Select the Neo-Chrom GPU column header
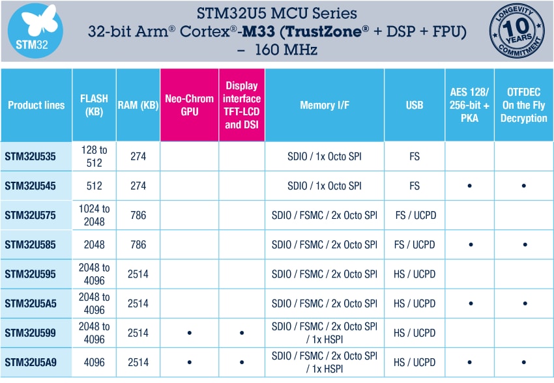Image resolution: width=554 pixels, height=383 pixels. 189,105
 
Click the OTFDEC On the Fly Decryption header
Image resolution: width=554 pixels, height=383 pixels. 524,105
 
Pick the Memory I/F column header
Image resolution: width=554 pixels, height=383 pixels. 324,105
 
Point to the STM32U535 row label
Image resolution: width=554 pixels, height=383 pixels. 30,156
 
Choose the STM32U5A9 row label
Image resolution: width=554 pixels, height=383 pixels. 30,362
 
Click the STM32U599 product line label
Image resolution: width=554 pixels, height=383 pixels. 30,333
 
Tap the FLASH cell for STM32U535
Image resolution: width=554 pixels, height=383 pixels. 94,156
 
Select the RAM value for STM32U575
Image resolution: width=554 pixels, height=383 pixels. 138,215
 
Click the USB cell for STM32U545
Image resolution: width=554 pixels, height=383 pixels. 415,186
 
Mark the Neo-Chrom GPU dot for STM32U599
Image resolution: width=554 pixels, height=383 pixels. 189,333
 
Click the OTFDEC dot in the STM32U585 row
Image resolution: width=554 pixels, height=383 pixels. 524,245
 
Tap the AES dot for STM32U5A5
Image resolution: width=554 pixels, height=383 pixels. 469,304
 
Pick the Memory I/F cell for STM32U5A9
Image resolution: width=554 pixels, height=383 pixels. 324,362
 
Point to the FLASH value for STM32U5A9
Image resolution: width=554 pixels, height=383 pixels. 94,362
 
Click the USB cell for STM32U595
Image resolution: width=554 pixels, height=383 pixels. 415,274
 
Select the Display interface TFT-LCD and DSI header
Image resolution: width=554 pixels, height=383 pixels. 242,105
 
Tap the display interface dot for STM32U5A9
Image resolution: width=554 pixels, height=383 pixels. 242,363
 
